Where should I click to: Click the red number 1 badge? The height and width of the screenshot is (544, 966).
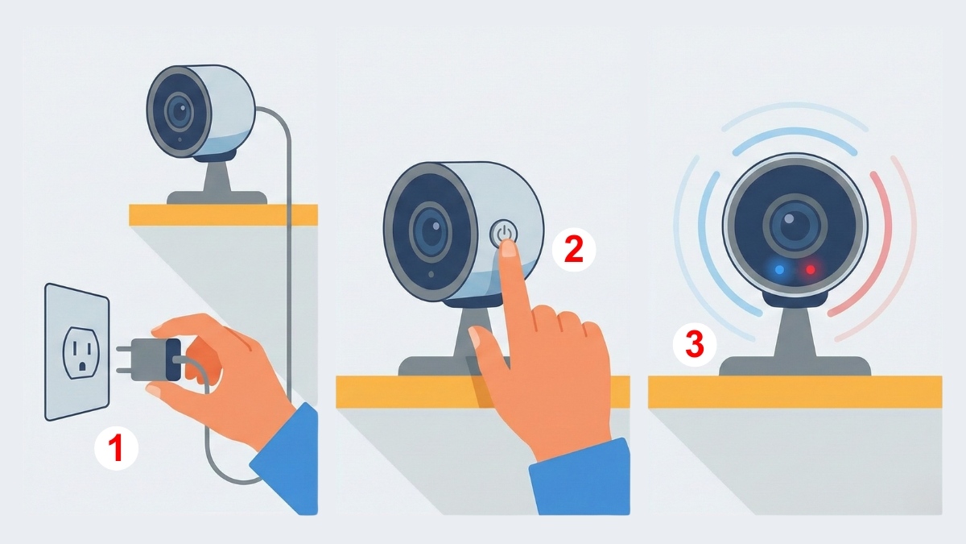tap(117, 448)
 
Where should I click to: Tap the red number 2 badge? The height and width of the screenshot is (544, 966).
tap(574, 250)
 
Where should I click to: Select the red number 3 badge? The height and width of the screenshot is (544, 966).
tap(695, 345)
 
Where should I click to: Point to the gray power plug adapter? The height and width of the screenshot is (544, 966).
tap(155, 359)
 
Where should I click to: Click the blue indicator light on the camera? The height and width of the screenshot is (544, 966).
tap(779, 270)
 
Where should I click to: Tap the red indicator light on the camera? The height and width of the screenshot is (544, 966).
tap(811, 270)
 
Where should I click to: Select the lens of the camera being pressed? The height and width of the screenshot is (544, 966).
tap(430, 232)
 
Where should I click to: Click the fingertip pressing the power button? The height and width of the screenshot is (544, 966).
tap(509, 249)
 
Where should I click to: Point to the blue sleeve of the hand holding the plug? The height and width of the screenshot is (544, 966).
tap(287, 458)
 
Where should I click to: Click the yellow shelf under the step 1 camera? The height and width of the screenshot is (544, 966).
tap(224, 215)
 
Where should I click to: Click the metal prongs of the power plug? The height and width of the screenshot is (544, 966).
tap(124, 359)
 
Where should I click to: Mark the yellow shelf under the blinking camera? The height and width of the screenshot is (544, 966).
tap(795, 392)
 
